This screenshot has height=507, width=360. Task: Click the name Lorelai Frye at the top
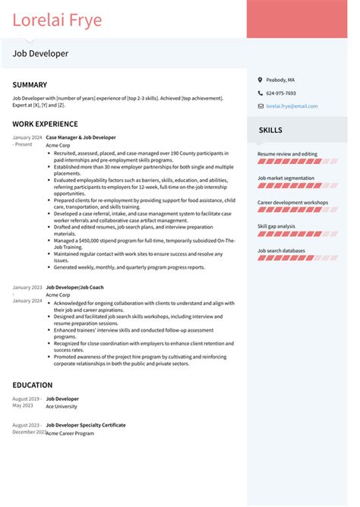[x=57, y=20]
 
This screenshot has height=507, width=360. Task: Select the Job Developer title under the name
[x=40, y=54]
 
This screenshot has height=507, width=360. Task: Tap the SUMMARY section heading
[x=30, y=85]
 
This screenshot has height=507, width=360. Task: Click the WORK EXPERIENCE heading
[x=45, y=124]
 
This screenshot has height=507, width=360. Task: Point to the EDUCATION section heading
[x=33, y=385]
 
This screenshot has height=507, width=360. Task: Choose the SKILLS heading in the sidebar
[x=270, y=130]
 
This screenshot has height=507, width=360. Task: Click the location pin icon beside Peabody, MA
[x=259, y=80]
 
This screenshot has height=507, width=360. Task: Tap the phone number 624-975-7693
[x=281, y=93]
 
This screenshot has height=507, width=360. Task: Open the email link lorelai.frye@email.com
[x=292, y=106]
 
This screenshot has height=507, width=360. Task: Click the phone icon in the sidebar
[x=259, y=93]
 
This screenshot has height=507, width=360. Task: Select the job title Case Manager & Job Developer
[x=81, y=137]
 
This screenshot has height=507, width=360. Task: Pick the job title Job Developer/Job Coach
[x=74, y=288]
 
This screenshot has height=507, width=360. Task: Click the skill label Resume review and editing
[x=287, y=154]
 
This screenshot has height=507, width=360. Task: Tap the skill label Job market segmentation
[x=286, y=178]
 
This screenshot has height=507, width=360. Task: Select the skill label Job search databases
[x=281, y=250]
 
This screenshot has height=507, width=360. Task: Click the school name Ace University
[x=62, y=406]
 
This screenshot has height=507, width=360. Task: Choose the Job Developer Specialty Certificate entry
[x=86, y=425]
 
